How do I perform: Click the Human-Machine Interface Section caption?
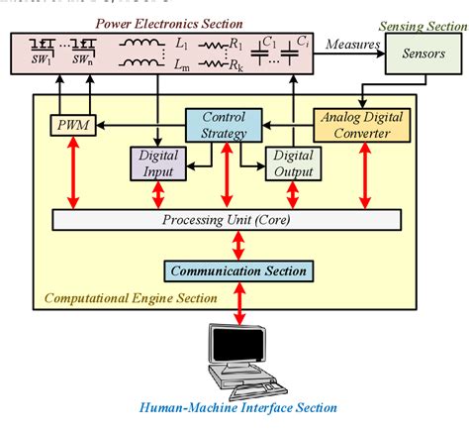pyautogui.click(x=238, y=407)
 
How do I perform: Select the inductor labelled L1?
pyautogui.click(x=143, y=46)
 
